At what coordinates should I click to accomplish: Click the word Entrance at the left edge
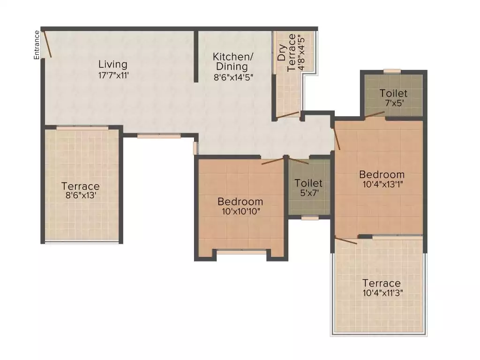tap(36, 45)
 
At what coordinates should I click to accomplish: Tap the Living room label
tap(112, 64)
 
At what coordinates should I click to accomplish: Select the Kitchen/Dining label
tap(233, 61)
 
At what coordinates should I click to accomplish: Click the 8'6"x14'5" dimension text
tap(233, 78)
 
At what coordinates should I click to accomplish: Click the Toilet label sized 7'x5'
tap(393, 93)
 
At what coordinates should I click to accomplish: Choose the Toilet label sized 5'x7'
tap(308, 183)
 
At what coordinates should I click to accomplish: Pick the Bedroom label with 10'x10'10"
tap(240, 202)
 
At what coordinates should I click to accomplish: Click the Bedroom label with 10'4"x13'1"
tap(382, 174)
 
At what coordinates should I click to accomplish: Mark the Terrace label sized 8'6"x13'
tap(81, 186)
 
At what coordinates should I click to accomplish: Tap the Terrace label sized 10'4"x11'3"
tap(382, 283)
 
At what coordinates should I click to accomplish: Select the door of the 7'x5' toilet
tap(375, 114)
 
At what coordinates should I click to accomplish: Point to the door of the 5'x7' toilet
tap(299, 161)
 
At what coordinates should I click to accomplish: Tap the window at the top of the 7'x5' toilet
tap(392, 71)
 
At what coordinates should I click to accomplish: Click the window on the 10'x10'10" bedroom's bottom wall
tap(241, 252)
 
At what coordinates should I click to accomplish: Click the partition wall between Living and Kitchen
tap(196, 56)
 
